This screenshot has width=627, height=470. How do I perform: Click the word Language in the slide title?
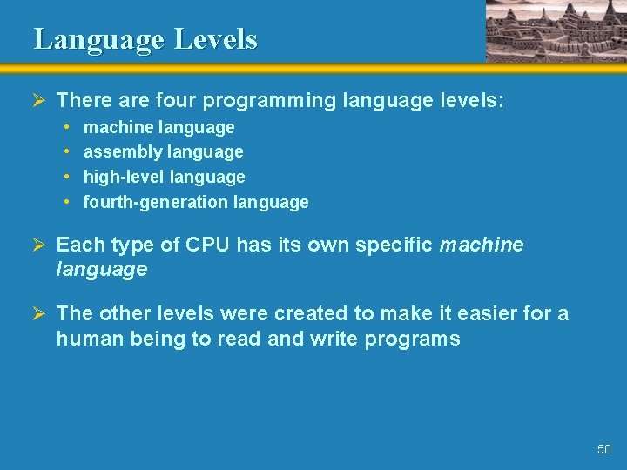(x=98, y=39)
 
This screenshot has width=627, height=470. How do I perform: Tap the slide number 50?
(x=604, y=449)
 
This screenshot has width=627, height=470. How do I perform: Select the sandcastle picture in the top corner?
(x=556, y=30)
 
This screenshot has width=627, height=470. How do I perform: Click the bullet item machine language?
(x=158, y=127)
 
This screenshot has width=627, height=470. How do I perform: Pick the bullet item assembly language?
(x=163, y=151)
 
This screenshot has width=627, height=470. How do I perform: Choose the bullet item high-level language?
(x=164, y=177)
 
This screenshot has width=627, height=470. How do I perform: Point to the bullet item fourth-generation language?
(x=196, y=202)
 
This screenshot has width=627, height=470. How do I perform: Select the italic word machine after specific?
(x=482, y=245)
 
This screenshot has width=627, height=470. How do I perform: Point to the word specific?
(x=396, y=245)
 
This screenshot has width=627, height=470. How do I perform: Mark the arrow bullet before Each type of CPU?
(x=39, y=245)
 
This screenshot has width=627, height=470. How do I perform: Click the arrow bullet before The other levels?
(x=39, y=313)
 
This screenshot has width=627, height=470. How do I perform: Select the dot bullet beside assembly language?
(x=67, y=151)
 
